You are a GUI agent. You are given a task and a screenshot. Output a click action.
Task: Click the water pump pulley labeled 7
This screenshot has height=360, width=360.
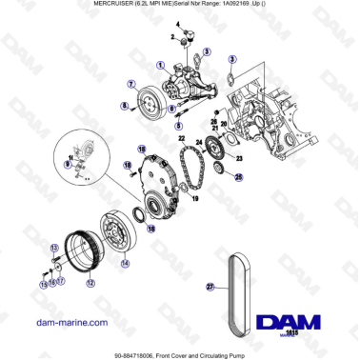(x=148, y=99)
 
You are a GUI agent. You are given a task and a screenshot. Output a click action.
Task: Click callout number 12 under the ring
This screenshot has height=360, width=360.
(x=90, y=283)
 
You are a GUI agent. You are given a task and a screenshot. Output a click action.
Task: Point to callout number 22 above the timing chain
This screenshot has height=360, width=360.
(x=180, y=139)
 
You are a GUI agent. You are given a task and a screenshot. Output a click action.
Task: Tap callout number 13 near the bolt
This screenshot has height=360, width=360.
(x=44, y=283)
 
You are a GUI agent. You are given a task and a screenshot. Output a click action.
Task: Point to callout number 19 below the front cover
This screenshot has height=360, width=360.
(x=194, y=199)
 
